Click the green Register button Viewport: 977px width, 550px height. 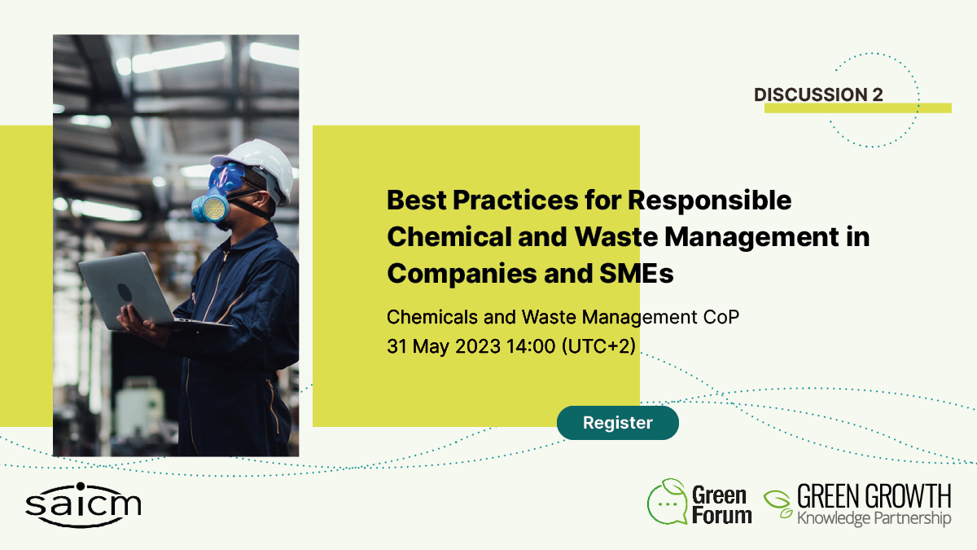point(618,423)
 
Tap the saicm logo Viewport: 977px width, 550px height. point(83,505)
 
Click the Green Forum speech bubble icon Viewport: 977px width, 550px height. point(667,502)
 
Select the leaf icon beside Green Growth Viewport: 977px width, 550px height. point(778,504)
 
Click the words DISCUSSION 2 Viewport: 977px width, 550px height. point(818,95)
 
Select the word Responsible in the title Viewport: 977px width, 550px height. point(709,200)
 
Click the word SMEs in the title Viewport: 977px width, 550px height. point(637,273)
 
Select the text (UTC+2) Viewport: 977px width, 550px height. point(598,346)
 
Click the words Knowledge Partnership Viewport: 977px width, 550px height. point(874,518)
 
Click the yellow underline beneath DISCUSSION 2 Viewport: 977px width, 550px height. point(858,108)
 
